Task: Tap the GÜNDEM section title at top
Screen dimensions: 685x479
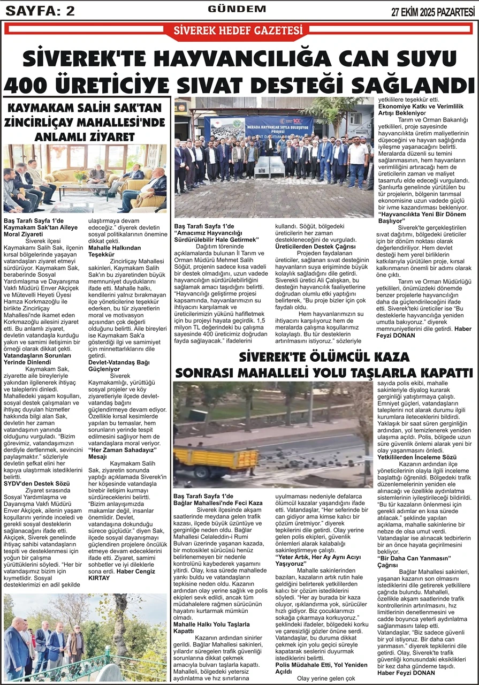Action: pos(237,9)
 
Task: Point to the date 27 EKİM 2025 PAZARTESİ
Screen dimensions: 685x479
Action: pos(433,11)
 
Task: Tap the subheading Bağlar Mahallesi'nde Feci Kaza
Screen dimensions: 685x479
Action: pos(218,503)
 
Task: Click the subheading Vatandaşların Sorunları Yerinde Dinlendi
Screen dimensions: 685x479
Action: pos(37,358)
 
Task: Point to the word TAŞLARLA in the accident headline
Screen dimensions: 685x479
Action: pos(370,372)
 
